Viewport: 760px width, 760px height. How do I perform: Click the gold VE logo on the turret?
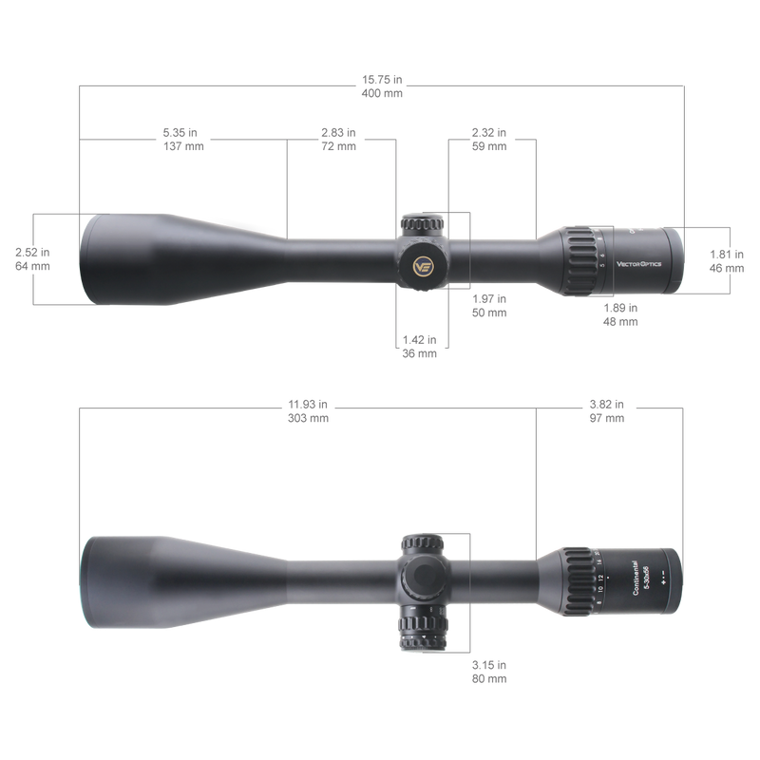tap(425, 266)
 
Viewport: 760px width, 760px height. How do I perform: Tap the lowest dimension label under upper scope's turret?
tap(419, 345)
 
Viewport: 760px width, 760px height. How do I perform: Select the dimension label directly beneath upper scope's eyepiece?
tap(622, 313)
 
